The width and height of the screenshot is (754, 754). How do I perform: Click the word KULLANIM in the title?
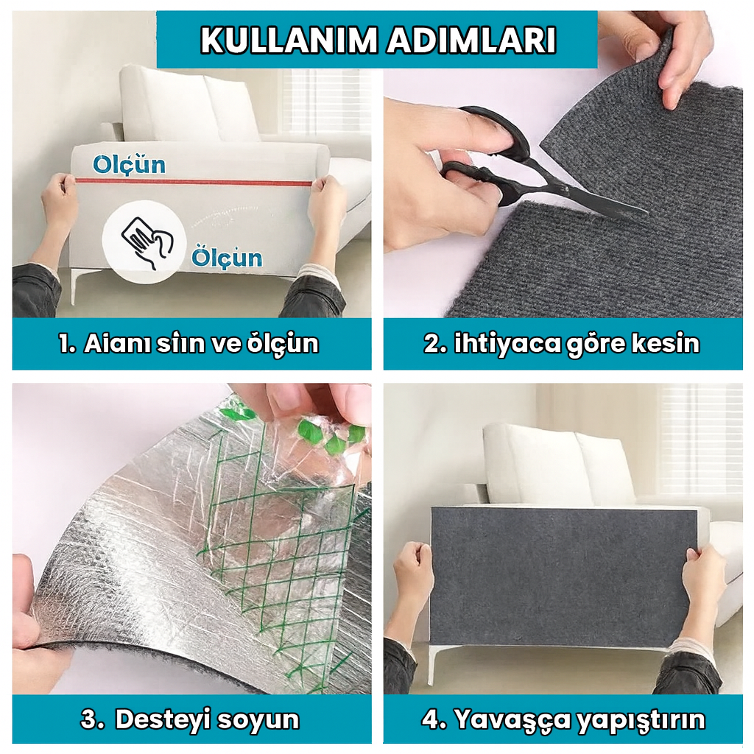(278, 40)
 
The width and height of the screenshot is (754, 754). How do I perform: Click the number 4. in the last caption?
(435, 719)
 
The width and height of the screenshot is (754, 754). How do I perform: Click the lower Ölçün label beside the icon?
(227, 257)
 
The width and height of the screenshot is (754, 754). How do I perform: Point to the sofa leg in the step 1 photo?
(74, 286)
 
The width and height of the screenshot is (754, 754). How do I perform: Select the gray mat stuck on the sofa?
(563, 575)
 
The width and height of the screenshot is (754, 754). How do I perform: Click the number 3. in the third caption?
(92, 719)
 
